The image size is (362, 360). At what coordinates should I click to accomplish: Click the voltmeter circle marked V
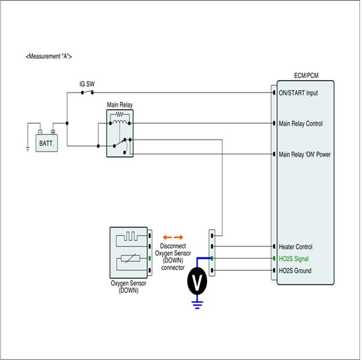click(197, 281)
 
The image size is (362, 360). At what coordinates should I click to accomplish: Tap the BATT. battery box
click(46, 143)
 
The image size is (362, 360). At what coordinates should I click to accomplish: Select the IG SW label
click(87, 84)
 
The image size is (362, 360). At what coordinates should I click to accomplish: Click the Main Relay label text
click(120, 105)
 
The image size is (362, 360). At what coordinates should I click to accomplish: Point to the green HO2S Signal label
click(294, 259)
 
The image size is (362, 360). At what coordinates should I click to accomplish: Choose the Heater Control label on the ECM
click(296, 247)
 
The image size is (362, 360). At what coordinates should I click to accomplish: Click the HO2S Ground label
click(295, 271)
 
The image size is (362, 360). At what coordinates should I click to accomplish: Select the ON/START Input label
click(298, 93)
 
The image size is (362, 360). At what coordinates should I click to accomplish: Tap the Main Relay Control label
click(300, 124)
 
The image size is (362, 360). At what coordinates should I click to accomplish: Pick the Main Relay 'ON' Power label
click(304, 154)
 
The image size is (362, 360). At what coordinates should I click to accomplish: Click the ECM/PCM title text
click(306, 75)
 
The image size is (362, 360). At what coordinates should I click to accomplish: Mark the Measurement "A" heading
click(49, 56)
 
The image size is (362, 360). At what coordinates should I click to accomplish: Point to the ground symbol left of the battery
click(28, 149)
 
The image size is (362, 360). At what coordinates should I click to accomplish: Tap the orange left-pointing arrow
click(167, 237)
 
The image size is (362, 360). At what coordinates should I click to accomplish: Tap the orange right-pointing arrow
click(179, 237)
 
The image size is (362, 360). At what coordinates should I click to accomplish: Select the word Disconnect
click(173, 246)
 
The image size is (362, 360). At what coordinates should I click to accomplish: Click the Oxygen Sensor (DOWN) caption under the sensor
click(128, 287)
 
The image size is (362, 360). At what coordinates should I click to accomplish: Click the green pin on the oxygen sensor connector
click(150, 258)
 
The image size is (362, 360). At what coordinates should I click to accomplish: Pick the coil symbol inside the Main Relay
click(120, 122)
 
